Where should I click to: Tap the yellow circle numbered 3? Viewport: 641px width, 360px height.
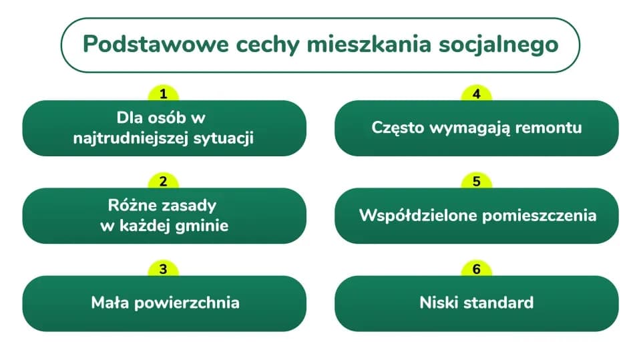point(164,269)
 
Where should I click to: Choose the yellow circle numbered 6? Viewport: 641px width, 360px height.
point(476,269)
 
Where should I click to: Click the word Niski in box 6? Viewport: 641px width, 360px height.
point(438,303)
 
